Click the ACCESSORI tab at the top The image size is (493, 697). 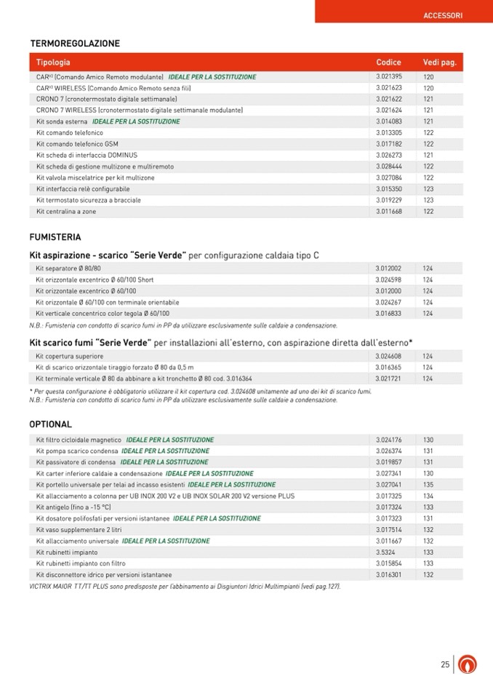443,15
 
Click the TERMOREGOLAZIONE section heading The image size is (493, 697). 74,44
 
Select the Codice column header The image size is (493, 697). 388,63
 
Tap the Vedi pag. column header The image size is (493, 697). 439,63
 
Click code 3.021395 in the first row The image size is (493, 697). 389,76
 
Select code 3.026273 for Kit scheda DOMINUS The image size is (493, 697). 389,155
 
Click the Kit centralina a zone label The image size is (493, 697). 66,211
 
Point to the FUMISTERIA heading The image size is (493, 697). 55,237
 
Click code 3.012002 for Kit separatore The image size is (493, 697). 389,268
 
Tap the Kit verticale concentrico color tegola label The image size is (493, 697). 103,313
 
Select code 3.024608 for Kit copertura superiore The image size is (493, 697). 389,356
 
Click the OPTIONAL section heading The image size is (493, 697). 50,424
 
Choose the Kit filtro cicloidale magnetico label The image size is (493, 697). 79,440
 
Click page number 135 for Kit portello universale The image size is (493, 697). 428,484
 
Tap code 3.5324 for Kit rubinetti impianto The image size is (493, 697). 385,552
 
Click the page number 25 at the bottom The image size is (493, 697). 444,664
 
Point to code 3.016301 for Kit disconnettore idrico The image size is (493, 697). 389,574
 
